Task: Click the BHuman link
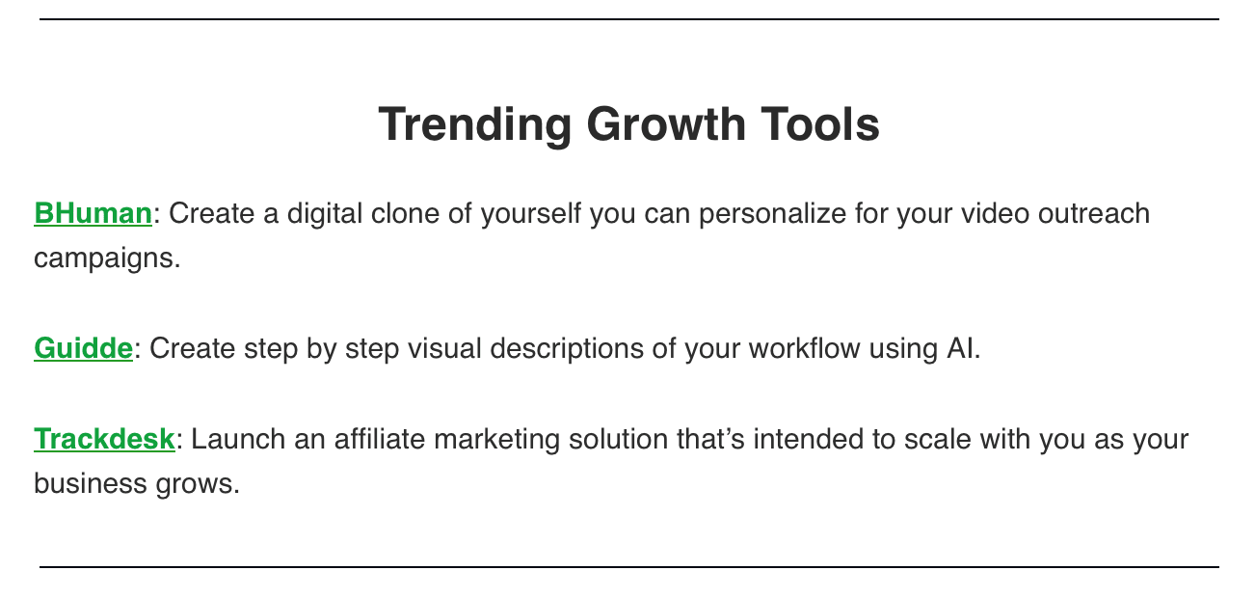click(x=93, y=213)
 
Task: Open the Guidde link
click(x=84, y=348)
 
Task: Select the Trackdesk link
click(x=105, y=439)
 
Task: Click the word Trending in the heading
click(x=474, y=125)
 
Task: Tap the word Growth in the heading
click(x=666, y=124)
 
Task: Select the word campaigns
click(x=107, y=259)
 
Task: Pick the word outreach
click(x=1094, y=213)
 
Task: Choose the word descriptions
click(x=567, y=349)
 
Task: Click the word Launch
click(x=238, y=439)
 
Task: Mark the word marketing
click(x=497, y=440)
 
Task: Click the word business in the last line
click(x=91, y=483)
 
